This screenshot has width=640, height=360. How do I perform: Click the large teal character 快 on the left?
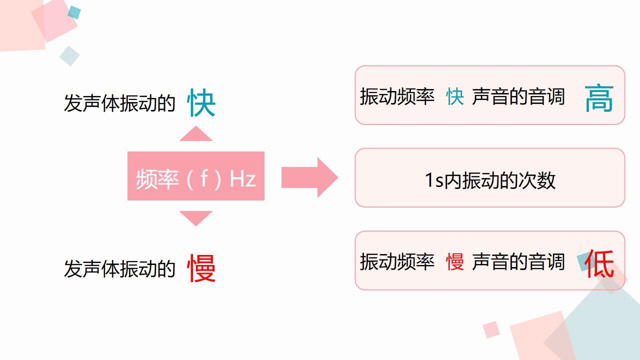(x=201, y=102)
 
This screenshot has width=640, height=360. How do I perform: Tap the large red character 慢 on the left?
(x=201, y=268)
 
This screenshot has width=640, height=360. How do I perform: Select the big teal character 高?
(x=599, y=98)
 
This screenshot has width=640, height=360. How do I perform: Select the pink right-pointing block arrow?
(x=309, y=177)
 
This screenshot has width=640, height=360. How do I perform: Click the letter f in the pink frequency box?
(x=204, y=178)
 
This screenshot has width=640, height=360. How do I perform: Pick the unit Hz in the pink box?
(x=242, y=179)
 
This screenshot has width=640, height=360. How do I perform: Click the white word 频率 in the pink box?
(x=157, y=179)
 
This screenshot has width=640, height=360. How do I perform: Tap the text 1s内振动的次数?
(x=490, y=180)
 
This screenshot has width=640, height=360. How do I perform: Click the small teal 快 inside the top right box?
(x=455, y=96)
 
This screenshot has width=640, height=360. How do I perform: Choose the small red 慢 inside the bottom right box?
(x=455, y=261)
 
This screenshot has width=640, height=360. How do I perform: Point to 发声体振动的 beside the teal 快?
(x=119, y=103)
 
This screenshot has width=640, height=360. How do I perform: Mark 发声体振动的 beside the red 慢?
(x=119, y=268)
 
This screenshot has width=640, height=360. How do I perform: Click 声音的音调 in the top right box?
(x=518, y=96)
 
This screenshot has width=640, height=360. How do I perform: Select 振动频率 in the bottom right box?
(x=397, y=261)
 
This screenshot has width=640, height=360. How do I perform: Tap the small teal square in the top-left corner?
(x=74, y=12)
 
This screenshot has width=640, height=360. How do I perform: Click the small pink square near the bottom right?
(x=491, y=329)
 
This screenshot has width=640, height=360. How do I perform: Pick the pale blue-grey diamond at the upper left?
(x=69, y=56)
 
